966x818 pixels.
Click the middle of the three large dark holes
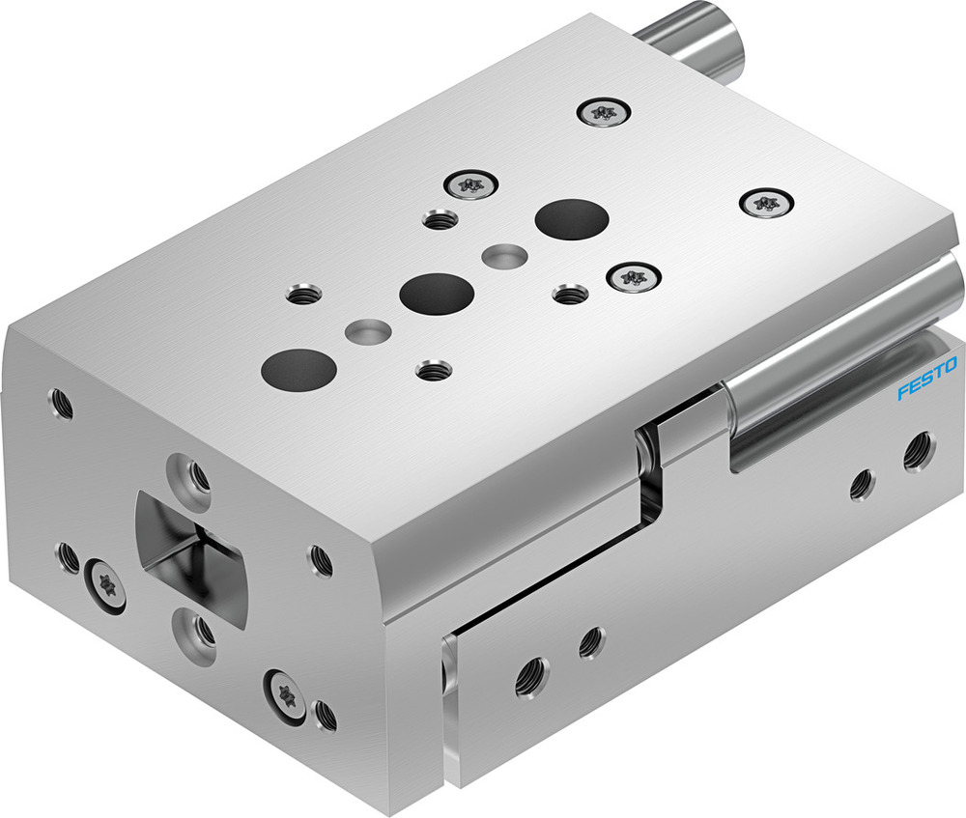[437, 291]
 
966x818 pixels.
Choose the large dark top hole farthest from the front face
[571, 219]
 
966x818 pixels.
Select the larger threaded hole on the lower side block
[528, 678]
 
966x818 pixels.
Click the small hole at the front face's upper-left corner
[61, 401]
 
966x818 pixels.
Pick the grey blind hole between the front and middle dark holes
[368, 329]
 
